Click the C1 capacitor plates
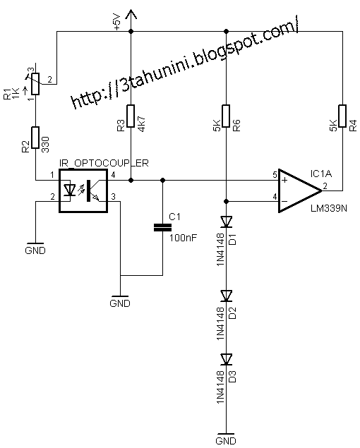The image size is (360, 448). coord(162,227)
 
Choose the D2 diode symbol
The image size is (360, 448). coord(225,294)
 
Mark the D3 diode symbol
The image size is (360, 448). coord(225,358)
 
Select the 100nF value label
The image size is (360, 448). coord(182,236)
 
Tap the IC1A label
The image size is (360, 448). coord(321,172)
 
